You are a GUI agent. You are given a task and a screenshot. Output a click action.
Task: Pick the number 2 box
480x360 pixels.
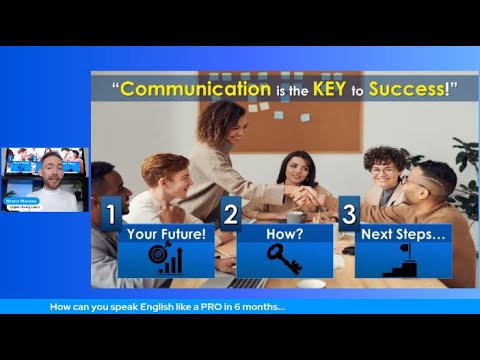tap(230, 214)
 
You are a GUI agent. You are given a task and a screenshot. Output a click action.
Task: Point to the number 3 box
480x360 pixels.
tap(349, 214)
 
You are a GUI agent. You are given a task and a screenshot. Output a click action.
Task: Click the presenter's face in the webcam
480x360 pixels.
tap(49, 166)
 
